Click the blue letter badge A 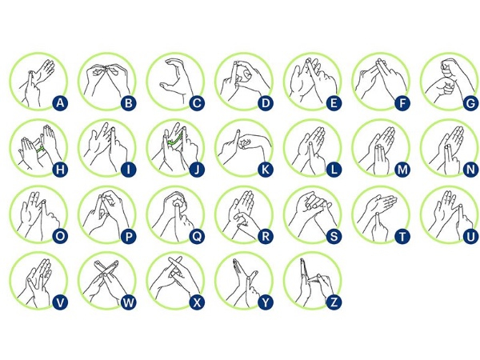tap(60, 103)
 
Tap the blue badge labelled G tap(470, 103)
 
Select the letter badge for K tap(266, 170)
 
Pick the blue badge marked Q tap(197, 236)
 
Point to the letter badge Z tap(334, 302)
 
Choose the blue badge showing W tap(129, 302)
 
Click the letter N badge tap(470, 170)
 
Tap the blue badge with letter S tap(334, 236)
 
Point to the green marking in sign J tap(175, 139)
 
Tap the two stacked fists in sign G tap(446, 80)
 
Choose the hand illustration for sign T tap(378, 214)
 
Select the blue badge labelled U tap(470, 236)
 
